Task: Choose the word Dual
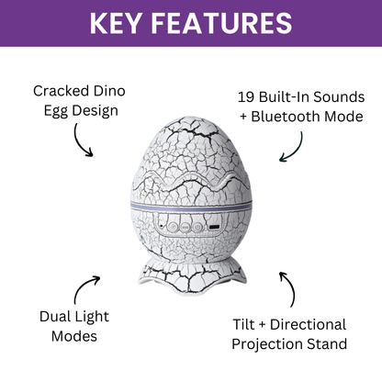[57, 317]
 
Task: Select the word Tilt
[245, 324]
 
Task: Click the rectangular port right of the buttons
[214, 225]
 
